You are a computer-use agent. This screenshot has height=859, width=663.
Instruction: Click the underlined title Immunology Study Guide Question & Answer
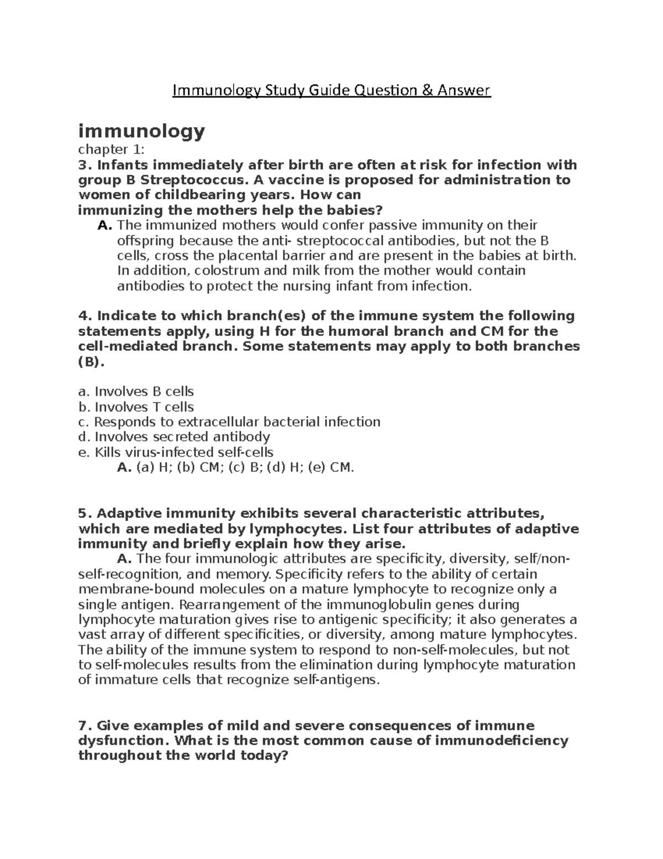point(331,90)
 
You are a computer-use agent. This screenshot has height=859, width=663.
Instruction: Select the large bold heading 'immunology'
point(141,132)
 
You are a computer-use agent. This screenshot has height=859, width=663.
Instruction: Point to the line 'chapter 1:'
point(111,149)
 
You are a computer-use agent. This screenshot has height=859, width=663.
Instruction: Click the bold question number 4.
point(83,316)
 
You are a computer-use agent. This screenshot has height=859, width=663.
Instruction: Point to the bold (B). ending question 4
point(91,362)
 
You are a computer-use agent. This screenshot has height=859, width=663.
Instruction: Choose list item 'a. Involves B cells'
point(136,392)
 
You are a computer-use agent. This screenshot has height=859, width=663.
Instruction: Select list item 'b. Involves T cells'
point(136,407)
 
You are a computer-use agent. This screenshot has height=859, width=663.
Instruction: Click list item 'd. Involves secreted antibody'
point(174,437)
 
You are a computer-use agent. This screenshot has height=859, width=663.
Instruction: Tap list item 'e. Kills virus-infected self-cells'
point(176,452)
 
